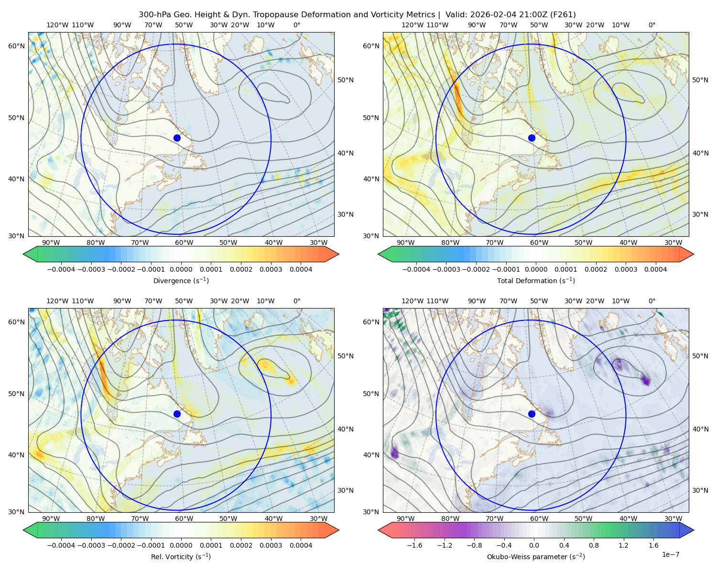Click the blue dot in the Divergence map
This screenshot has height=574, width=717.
(177, 138)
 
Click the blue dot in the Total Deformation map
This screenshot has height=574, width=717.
(532, 138)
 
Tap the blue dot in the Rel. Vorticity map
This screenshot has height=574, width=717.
(177, 414)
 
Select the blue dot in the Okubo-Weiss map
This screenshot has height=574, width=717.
(532, 414)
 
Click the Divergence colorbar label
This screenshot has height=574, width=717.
(181, 281)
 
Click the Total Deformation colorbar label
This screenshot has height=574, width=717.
(536, 281)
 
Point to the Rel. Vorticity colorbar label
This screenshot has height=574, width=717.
(181, 557)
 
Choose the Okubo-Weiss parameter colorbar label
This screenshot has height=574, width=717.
(536, 557)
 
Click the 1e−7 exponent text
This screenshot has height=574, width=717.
(670, 555)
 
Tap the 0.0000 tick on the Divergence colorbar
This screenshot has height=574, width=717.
(181, 269)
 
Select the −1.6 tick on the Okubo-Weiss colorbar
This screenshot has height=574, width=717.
(414, 545)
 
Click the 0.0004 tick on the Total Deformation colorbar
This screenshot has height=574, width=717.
(656, 269)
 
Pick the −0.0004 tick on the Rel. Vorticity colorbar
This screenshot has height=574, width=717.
(61, 545)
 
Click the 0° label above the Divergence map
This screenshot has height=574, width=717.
(297, 25)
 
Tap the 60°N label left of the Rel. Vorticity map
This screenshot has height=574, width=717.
(16, 322)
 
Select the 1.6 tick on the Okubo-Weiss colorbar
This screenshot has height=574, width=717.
(654, 545)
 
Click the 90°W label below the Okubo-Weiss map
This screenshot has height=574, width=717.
(405, 519)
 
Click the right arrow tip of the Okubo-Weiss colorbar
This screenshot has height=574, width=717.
(694, 530)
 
